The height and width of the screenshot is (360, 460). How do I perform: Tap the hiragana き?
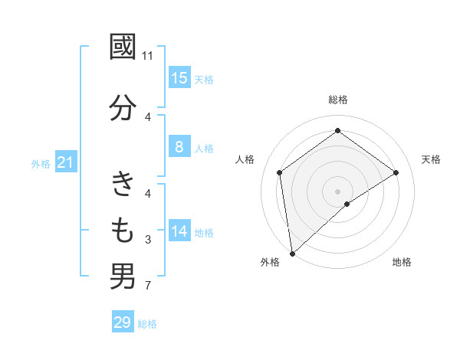pyautogui.click(x=123, y=184)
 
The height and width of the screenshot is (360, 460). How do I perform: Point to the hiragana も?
pyautogui.click(x=123, y=229)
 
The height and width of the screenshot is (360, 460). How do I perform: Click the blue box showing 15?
pyautogui.click(x=179, y=77)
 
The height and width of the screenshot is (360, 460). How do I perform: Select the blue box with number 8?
pyautogui.click(x=179, y=147)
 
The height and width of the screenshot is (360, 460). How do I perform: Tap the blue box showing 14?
pyautogui.click(x=179, y=231)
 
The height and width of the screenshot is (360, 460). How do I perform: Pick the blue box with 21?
pyautogui.click(x=66, y=162)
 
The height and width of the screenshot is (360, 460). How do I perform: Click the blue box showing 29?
pyautogui.click(x=123, y=322)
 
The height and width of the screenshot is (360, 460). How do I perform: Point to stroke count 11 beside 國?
pyautogui.click(x=148, y=56)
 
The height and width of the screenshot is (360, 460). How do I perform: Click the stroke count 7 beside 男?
pyautogui.click(x=148, y=286)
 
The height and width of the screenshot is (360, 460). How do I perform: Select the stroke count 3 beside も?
pyautogui.click(x=148, y=241)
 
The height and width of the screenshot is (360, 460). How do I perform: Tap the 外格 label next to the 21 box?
pyautogui.click(x=41, y=163)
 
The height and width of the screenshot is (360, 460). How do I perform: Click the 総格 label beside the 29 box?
pyautogui.click(x=147, y=324)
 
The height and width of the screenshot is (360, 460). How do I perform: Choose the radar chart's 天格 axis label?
pyautogui.click(x=431, y=159)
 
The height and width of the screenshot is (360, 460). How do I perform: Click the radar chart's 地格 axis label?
pyautogui.click(x=402, y=262)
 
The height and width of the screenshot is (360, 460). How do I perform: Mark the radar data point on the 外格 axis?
pyautogui.click(x=291, y=253)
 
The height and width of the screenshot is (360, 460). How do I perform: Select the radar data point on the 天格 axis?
pyautogui.click(x=396, y=172)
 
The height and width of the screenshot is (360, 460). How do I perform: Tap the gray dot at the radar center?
pyautogui.click(x=337, y=191)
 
